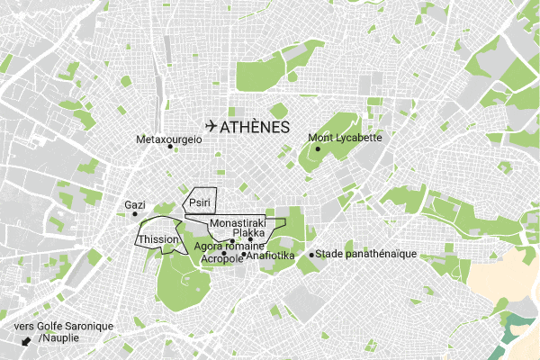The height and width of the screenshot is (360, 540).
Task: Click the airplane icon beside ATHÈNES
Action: click(211, 127)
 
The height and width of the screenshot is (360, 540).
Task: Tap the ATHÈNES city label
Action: click(255, 128)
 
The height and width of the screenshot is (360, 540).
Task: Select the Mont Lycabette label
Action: click(346, 138)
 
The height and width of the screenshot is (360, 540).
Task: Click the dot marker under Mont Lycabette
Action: click(318, 148)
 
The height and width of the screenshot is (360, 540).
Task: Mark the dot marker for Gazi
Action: click(134, 214)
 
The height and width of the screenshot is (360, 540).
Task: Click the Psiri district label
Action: click(199, 204)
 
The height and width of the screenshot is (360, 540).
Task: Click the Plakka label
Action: click(248, 232)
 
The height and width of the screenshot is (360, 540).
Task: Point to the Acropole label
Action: click(220, 258)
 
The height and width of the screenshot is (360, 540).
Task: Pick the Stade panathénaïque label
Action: click(368, 254)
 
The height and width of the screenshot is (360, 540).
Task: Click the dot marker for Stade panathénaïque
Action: click(311, 255)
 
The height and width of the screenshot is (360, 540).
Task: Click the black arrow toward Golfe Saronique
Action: click(26, 341)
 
